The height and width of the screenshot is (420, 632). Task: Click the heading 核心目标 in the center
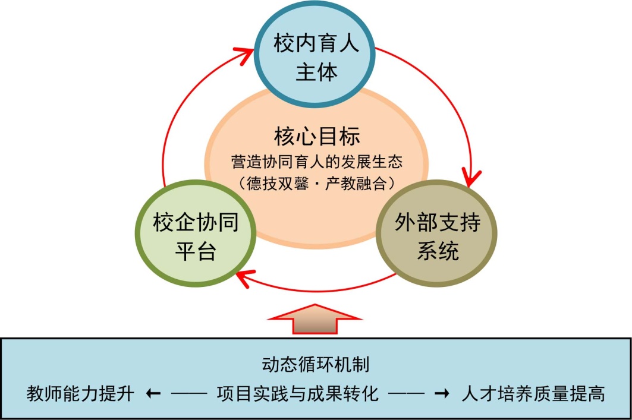coord(317,136)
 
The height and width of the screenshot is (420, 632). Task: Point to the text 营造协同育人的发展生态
coord(317,161)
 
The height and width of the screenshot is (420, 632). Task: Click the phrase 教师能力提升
coord(81,393)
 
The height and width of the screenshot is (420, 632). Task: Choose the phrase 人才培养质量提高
coord(533,393)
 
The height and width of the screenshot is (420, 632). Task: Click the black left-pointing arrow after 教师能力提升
coord(153,393)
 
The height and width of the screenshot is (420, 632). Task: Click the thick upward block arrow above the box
coord(315,321)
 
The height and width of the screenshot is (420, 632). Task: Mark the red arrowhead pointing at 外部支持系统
coord(474,176)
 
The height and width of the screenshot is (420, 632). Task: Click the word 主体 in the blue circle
coord(316,72)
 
